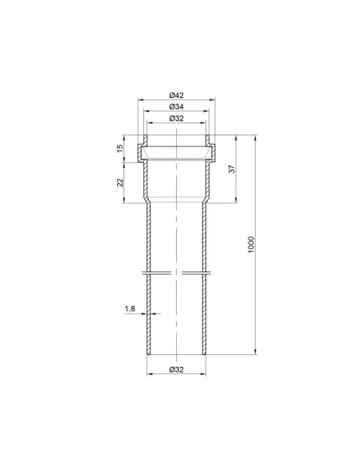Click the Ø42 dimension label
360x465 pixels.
(x=177, y=96)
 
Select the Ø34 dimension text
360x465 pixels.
(x=177, y=107)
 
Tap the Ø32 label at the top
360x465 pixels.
(x=177, y=119)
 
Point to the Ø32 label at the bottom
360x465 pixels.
(x=177, y=369)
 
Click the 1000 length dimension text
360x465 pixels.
(x=251, y=244)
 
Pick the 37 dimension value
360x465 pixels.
(x=233, y=169)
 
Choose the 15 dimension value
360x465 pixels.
(x=119, y=148)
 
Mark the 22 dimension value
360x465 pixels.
(x=119, y=182)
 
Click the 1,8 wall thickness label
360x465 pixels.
(x=130, y=309)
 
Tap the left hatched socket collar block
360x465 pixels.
(x=140, y=153)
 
